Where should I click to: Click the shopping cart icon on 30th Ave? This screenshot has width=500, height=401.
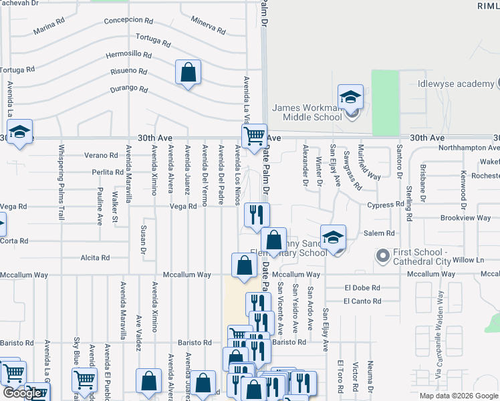pos(254,136)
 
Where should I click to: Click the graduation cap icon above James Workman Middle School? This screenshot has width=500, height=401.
pos(350,97)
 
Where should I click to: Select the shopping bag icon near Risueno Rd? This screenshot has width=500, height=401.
pos(188,72)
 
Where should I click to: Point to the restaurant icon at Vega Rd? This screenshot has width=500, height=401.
pos(257,215)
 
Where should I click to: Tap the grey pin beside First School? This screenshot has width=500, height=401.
pos(382,255)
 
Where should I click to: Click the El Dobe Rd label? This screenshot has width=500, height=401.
pos(362,287)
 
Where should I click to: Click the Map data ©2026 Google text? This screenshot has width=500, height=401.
pos(458,396)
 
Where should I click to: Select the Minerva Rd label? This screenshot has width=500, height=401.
pos(208,27)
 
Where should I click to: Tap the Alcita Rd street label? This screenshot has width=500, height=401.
pos(95,257)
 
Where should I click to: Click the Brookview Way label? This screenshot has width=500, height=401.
pos(465,218)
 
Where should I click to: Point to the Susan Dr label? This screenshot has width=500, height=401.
pos(142,241)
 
